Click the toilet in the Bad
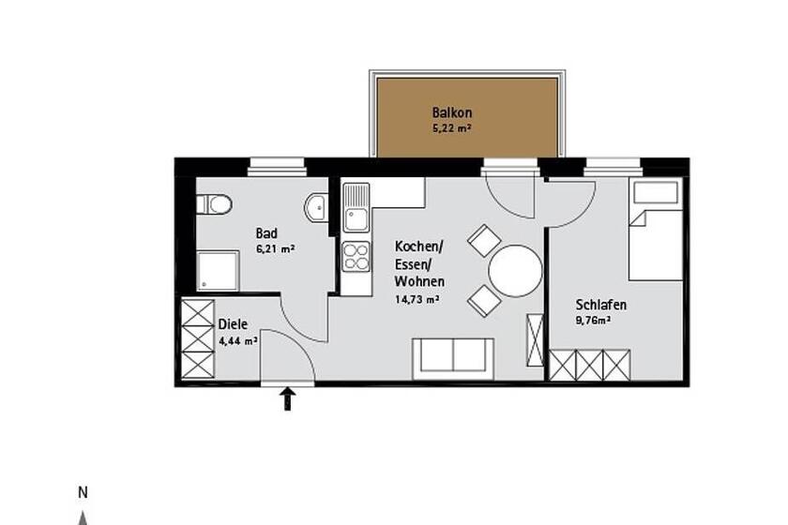pos(214,204)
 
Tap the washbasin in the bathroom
pos(315,206)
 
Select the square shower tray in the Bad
pos(218,271)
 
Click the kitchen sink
pos(356,207)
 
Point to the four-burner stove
pos(356,257)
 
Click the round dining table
pos(516,271)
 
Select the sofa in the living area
pos(453,359)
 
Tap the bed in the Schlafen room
pos(656,230)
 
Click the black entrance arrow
pos(287,398)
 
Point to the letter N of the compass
pos(83,493)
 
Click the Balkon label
pos(452,112)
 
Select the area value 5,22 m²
pos(452,128)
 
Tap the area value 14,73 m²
pos(417,299)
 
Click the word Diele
pos(233,324)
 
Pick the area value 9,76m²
pos(593,320)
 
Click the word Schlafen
pos(601,305)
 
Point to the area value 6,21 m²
pos(276,248)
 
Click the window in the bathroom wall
pos(277,167)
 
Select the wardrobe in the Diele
pos(198,338)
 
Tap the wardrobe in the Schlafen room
pos(589,366)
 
